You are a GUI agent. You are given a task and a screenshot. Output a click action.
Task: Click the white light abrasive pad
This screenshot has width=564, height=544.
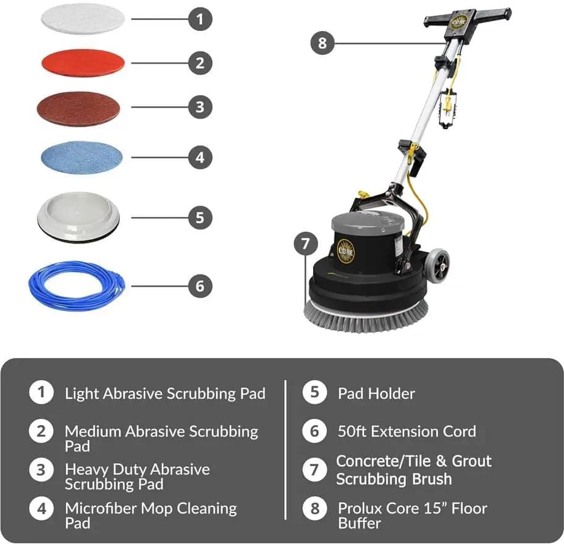tap(83, 19)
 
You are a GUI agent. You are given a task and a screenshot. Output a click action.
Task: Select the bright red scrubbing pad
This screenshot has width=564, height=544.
tap(83, 63)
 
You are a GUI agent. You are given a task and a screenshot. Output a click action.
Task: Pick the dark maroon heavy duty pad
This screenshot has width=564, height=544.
tap(78, 108)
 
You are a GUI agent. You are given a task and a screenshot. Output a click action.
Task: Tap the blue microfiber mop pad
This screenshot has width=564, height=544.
tap(82, 158)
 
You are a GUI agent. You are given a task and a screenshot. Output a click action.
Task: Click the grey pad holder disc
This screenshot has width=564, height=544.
tap(78, 217)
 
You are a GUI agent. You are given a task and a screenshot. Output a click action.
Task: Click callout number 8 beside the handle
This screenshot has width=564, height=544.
tap(322, 43)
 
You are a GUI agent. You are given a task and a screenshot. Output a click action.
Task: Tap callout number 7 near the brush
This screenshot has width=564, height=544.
tap(306, 244)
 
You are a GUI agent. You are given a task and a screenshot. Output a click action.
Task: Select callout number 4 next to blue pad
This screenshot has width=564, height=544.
tap(200, 158)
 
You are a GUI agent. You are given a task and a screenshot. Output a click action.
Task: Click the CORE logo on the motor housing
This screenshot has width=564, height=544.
tap(346, 251)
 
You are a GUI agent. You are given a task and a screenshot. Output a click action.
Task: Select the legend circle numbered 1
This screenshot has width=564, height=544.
tap(41, 392)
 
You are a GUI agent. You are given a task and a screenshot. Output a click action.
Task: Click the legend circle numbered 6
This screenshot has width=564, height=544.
tap(314, 431)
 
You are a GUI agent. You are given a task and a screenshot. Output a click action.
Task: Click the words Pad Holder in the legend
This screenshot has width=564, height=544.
tap(376, 394)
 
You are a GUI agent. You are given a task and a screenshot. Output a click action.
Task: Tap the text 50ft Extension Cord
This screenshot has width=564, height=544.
tap(407, 431)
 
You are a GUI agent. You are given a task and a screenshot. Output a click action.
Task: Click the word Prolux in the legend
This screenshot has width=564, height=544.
tap(360, 508)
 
